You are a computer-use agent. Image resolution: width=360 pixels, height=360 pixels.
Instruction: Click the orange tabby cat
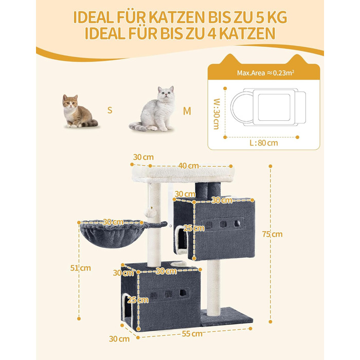tap(79, 112)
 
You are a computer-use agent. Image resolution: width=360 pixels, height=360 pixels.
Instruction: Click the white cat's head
tap(166, 93)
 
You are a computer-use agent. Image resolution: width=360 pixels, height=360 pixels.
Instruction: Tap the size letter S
tap(110, 110)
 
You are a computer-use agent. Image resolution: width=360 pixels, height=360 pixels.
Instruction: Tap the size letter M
tap(187, 111)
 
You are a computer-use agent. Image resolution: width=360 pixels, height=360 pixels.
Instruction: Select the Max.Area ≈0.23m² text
tap(266, 73)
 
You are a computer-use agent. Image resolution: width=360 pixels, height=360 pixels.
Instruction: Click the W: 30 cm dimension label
tap(217, 114)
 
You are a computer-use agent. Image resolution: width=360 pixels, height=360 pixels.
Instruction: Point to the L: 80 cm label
tap(264, 143)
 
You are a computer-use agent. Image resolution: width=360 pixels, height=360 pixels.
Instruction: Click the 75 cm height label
tap(272, 234)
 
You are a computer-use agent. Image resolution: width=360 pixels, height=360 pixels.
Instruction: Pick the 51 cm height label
tap(80, 268)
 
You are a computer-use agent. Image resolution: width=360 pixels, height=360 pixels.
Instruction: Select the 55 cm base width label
tap(192, 334)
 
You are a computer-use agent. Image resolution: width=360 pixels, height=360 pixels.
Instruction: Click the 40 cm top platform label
tap(189, 166)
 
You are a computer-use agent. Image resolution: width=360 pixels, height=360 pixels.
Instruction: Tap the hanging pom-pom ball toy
tap(150, 212)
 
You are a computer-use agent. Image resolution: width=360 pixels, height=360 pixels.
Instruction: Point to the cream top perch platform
tap(183, 174)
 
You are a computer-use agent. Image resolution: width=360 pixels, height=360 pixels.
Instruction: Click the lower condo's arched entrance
tap(127, 309)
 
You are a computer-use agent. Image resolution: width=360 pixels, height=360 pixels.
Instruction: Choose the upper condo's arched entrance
tap(182, 239)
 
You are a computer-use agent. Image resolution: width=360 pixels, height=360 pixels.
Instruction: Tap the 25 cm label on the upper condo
tap(194, 228)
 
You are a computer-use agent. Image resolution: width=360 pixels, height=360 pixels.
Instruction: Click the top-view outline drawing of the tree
tap(268, 107)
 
